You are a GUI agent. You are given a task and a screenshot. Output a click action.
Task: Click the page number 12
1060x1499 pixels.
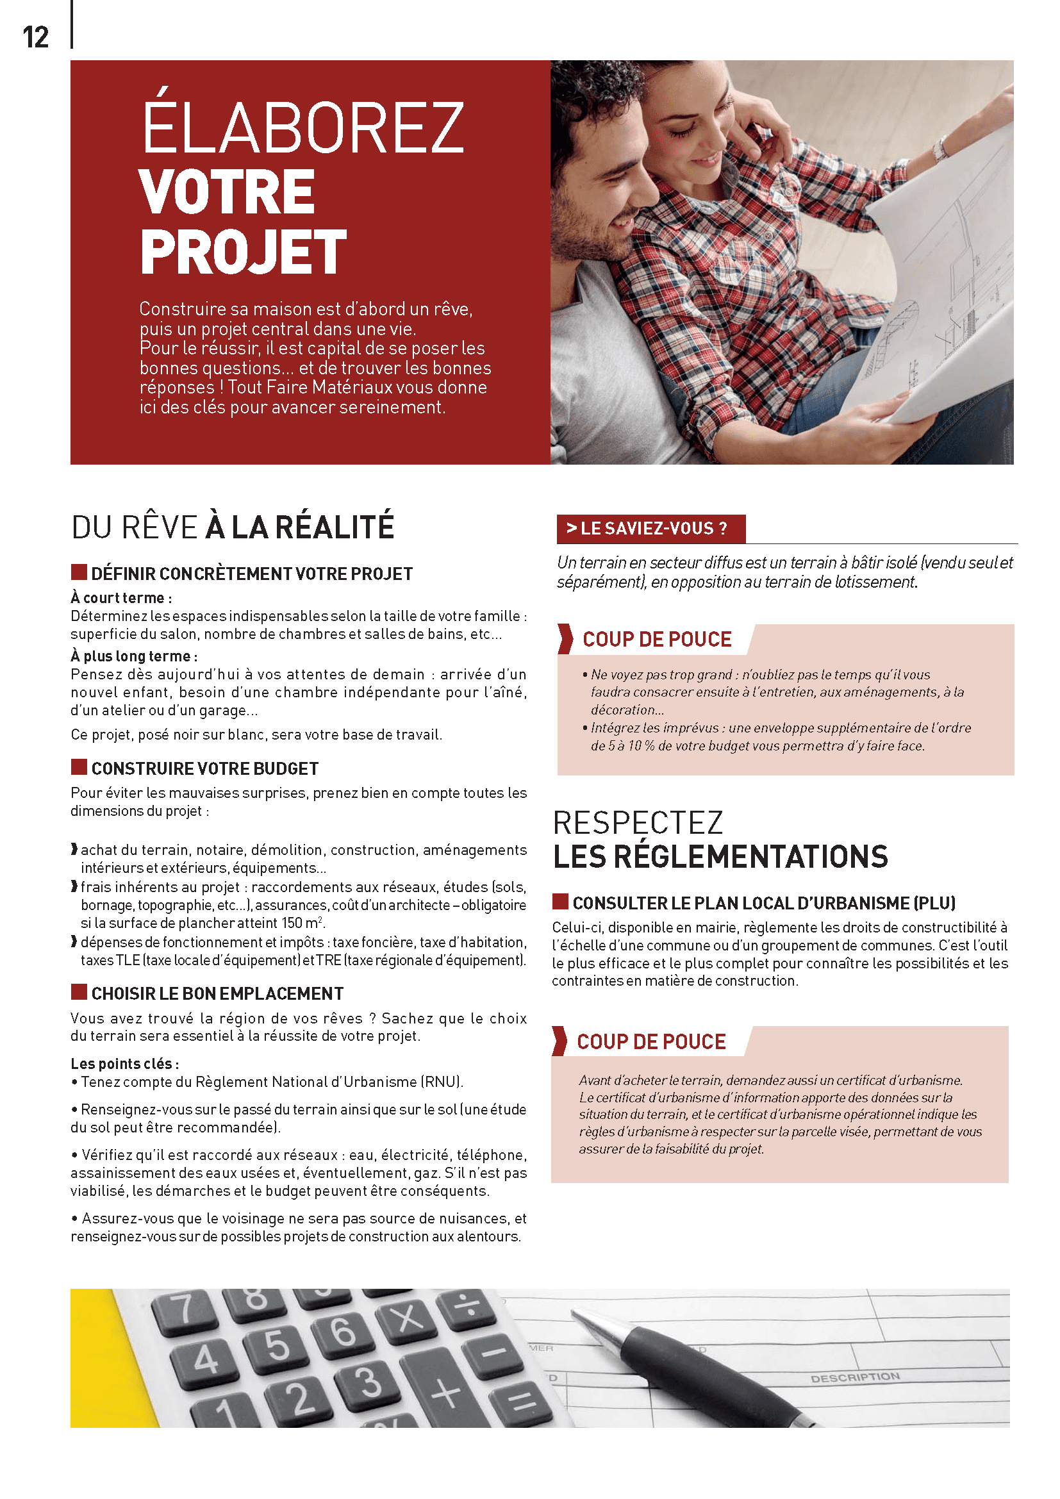(x=35, y=38)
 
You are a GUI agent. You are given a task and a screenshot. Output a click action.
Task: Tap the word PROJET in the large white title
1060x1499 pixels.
(x=243, y=253)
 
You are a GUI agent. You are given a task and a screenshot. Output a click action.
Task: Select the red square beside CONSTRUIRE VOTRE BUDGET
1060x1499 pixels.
(x=79, y=766)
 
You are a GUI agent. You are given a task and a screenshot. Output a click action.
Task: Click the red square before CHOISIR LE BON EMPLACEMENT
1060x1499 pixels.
(x=79, y=991)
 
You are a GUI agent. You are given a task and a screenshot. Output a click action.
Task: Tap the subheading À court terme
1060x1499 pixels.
(x=121, y=598)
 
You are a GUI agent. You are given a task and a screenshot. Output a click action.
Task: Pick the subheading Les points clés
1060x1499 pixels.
(x=124, y=1064)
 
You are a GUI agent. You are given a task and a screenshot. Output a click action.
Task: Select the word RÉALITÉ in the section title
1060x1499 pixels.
(x=334, y=527)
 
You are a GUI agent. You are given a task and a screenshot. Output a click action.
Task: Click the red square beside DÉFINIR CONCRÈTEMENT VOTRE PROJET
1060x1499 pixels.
(x=79, y=572)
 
